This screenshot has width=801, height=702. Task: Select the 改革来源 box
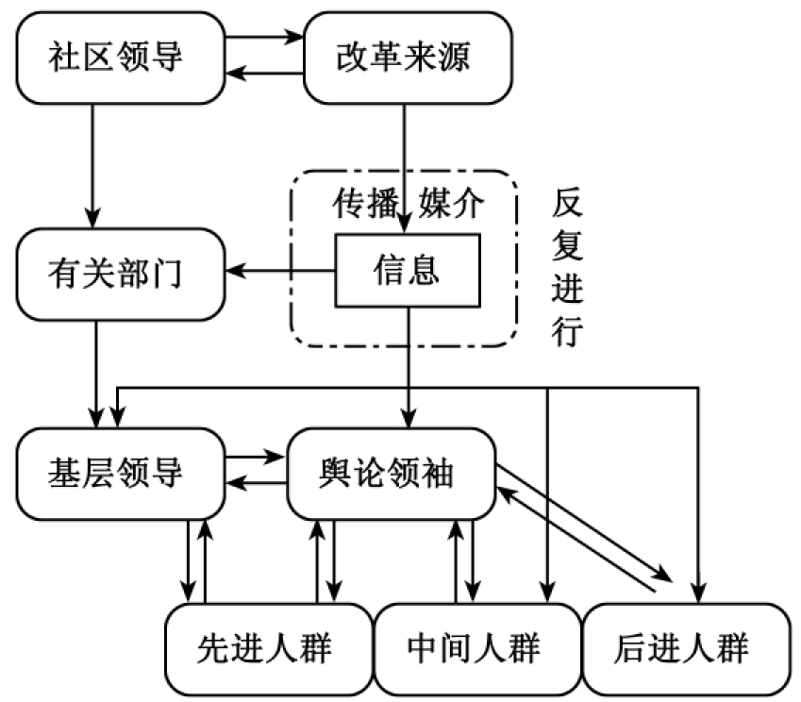coord(402,58)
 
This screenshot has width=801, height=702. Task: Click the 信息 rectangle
coord(407,272)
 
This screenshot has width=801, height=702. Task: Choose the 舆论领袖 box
coord(392,473)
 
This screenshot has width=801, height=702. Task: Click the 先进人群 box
coord(267,648)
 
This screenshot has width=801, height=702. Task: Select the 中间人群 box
coord(476,648)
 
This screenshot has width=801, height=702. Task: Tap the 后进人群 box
coord(684,648)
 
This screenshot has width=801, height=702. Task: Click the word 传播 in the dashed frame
coord(359,204)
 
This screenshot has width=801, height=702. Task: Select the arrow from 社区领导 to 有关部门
coord(93,160)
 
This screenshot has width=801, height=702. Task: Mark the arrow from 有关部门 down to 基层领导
coord(97,372)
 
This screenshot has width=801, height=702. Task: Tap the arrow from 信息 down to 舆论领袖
coord(408,368)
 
